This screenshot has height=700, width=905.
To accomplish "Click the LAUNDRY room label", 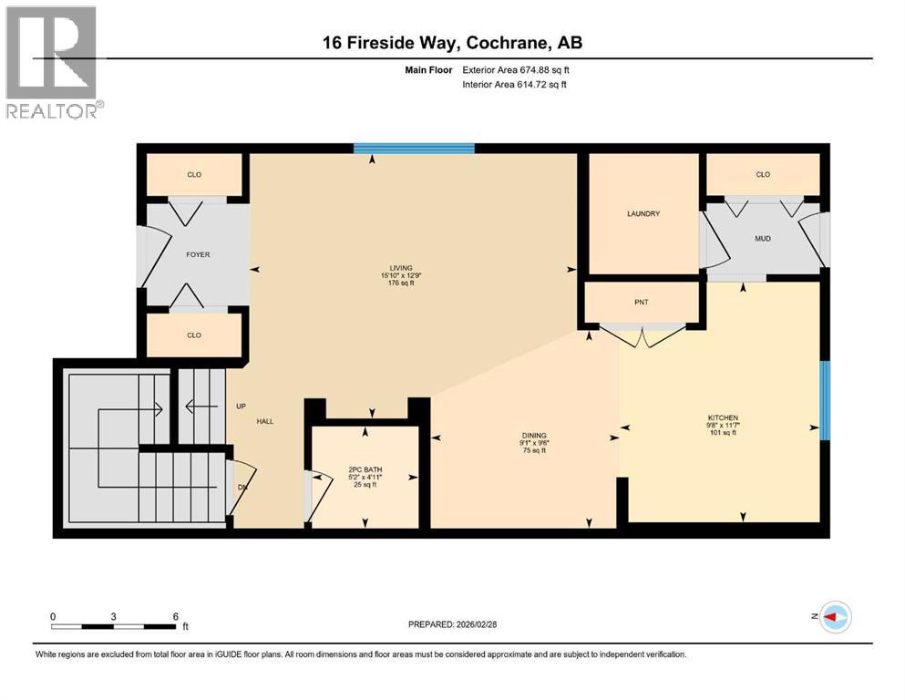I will click(x=643, y=214).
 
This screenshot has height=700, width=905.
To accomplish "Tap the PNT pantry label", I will click(x=642, y=302).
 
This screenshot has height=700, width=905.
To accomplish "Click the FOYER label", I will click(x=198, y=254).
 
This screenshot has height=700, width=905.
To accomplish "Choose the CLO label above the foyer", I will click(x=194, y=174).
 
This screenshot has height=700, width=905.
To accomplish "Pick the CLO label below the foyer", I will click(x=194, y=335).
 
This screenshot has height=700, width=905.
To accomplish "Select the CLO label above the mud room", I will click(x=763, y=174).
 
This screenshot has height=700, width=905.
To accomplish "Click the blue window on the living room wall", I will click(x=414, y=149).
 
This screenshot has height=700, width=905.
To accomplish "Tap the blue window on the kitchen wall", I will click(x=825, y=401).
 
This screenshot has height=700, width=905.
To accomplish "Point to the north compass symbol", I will click(x=834, y=617).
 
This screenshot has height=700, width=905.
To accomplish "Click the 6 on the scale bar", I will click(x=175, y=616).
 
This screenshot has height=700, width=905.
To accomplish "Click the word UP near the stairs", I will click(x=241, y=407).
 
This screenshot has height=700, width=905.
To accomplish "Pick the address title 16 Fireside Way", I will click(x=452, y=42).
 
